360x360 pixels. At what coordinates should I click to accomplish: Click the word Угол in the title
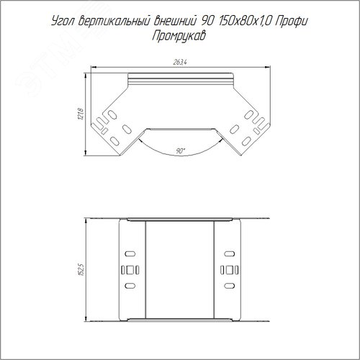pos(63,22)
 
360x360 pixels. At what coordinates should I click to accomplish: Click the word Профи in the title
pos(291,22)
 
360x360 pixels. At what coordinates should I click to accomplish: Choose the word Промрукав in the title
pos(179,36)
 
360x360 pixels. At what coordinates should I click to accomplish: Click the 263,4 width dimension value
pos(180,63)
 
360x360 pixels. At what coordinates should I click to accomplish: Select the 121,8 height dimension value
pos(81,114)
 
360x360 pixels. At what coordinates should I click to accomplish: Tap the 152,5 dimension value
pos(81,269)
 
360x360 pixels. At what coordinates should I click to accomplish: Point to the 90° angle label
pos(180,151)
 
